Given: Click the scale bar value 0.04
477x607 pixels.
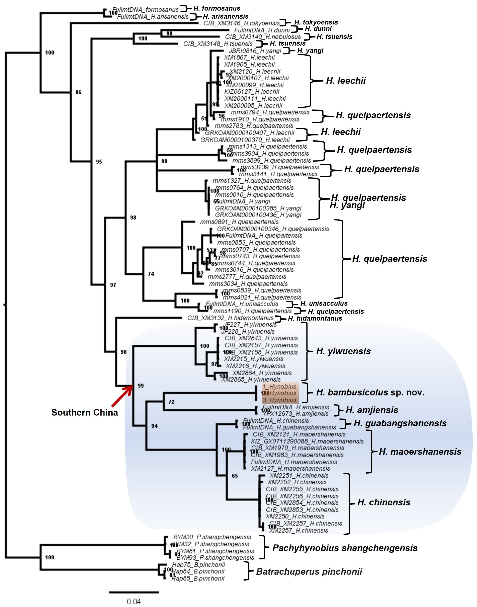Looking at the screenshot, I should pyautogui.click(x=134, y=601).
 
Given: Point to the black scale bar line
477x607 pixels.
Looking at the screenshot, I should pyautogui.click(x=134, y=592).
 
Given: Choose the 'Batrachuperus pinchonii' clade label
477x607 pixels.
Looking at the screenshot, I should pyautogui.click(x=309, y=572).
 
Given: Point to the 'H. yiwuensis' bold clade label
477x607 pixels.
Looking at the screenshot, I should pyautogui.click(x=343, y=351).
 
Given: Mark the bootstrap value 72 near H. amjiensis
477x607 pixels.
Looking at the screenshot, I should pyautogui.click(x=171, y=402).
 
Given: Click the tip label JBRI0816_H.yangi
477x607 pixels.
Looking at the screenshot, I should pyautogui.click(x=255, y=51).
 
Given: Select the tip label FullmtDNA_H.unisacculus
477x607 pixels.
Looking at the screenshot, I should pyautogui.click(x=242, y=304).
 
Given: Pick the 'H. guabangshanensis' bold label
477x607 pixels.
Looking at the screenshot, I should pyautogui.click(x=400, y=423).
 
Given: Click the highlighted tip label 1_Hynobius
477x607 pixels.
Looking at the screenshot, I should pyautogui.click(x=279, y=387).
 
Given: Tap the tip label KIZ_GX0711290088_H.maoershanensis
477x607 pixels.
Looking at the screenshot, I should pyautogui.click(x=307, y=441).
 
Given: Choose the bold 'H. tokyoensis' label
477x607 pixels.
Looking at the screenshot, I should pyautogui.click(x=316, y=22).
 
